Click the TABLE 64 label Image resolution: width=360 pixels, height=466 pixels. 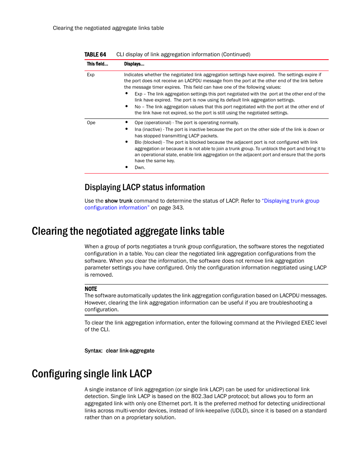(95, 54)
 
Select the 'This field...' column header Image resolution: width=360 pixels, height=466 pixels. (97, 64)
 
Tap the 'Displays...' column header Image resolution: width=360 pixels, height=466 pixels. (134, 64)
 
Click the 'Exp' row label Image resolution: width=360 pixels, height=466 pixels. (91, 75)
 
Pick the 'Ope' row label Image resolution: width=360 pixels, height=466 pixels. (91, 123)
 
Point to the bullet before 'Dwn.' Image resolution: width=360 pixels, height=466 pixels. (126, 167)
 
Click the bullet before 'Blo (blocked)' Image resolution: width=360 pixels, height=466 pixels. (126, 142)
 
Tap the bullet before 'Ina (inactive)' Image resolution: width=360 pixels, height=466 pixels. (126, 129)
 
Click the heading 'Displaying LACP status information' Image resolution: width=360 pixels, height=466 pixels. (145, 188)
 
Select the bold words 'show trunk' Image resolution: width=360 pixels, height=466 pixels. (118, 201)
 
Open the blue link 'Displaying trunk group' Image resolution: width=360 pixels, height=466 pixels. (291, 201)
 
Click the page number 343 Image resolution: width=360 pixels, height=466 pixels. (177, 208)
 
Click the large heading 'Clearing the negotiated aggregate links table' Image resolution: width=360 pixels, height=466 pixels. (128, 231)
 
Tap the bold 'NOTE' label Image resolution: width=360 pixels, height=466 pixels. (91, 289)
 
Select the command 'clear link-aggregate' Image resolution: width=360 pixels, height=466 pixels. (130, 351)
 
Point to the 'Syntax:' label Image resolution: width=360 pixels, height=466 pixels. (93, 351)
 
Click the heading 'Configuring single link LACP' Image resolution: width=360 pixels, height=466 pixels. (92, 374)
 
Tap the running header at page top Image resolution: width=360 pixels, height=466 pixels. (108, 28)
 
